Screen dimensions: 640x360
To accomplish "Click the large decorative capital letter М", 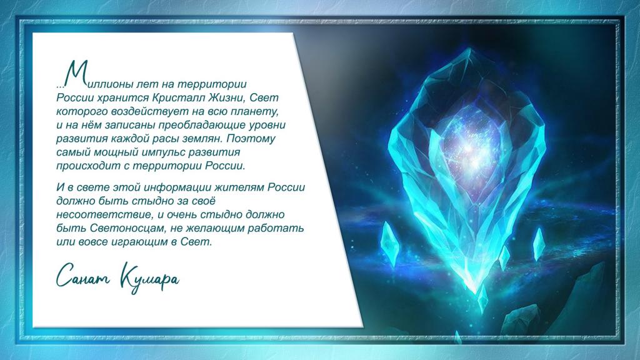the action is pos(76,74).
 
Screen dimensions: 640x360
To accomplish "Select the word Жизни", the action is pos(227,98).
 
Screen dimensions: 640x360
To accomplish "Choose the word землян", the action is pos(202,139).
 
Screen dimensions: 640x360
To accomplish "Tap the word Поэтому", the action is pos(251,139).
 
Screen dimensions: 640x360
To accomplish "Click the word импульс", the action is pos(164,152).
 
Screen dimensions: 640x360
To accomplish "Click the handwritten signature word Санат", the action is pos(83,276).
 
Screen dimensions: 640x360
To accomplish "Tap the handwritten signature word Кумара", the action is pos(149,277).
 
